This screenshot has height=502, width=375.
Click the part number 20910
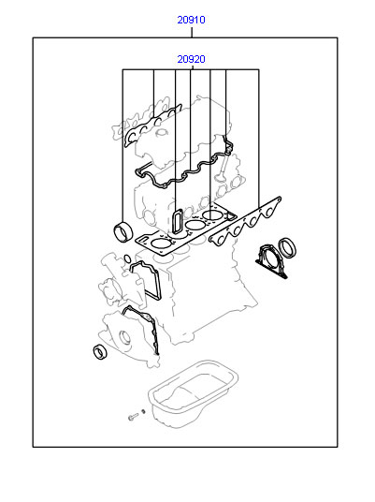(191, 20)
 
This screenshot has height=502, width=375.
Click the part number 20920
(191, 59)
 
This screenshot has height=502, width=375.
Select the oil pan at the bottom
(193, 392)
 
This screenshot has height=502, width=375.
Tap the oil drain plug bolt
(133, 416)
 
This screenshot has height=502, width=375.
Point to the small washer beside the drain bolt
(143, 411)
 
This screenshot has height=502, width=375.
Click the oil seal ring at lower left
(100, 351)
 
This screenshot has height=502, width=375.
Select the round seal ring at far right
(287, 248)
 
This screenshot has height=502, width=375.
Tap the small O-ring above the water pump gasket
(127, 258)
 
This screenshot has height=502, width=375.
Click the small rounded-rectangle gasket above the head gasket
(178, 221)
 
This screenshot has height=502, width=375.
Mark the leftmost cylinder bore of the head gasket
(161, 244)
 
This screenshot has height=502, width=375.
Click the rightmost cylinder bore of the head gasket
(213, 214)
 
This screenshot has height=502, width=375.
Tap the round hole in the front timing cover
(125, 337)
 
